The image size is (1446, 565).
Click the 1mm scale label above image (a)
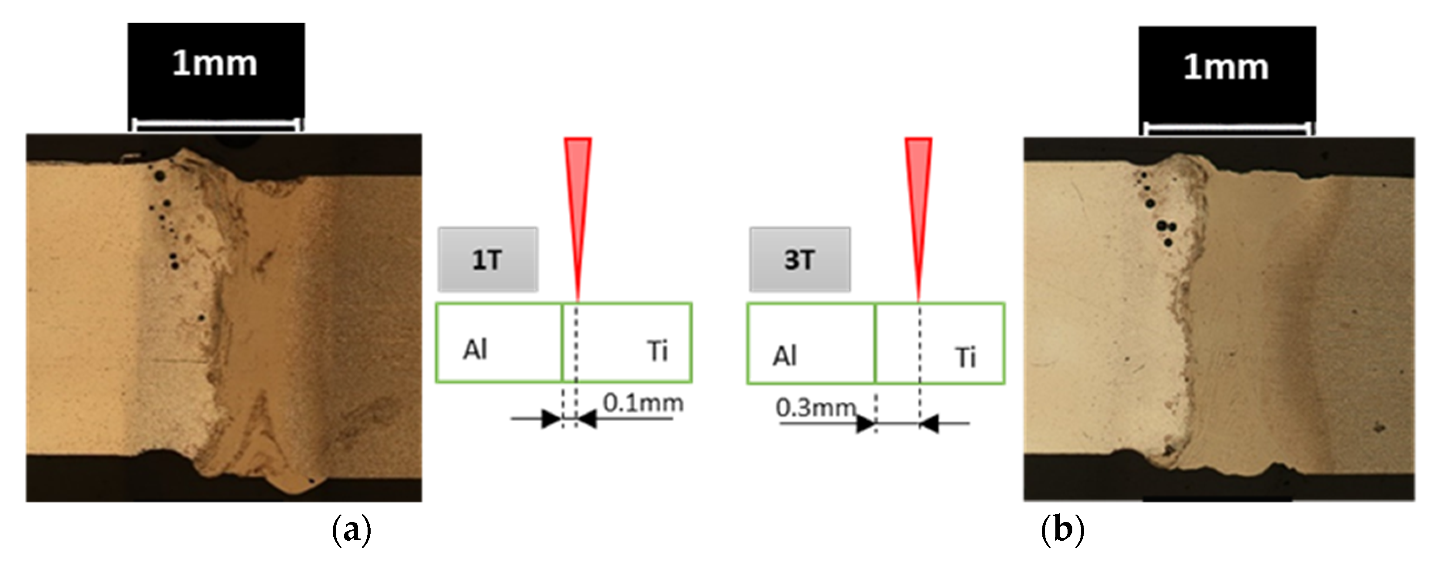point(215,63)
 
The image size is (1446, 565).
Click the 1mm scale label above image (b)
point(1226,67)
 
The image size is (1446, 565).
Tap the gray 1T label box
point(487,260)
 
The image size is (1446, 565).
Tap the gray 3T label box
point(799,260)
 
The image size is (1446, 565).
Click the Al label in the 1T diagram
point(475,350)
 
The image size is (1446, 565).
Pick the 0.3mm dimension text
point(816,407)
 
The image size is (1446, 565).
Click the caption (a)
point(352,529)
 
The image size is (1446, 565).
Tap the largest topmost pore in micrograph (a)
point(160,176)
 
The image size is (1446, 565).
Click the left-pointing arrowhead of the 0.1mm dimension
point(587,419)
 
